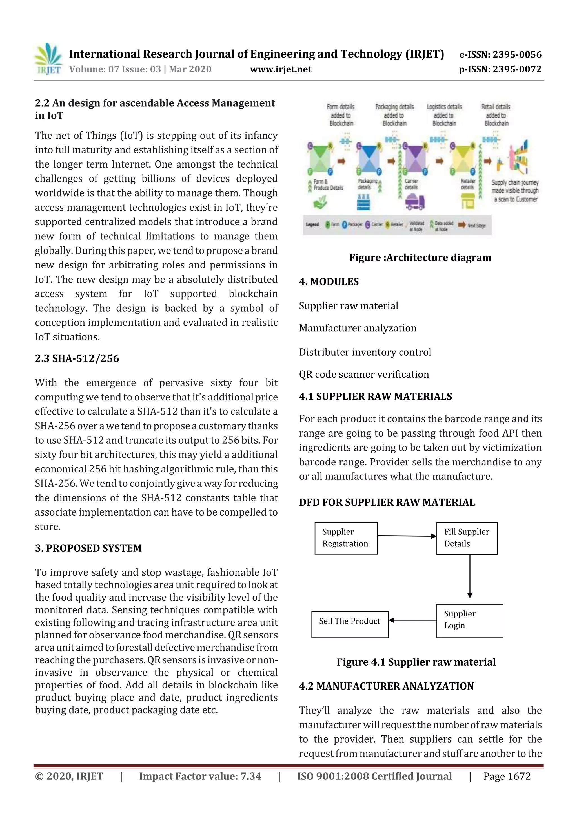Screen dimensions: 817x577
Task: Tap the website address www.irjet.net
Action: (x=281, y=69)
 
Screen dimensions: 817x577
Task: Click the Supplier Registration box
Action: (x=346, y=538)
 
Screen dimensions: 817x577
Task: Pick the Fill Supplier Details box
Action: (x=467, y=538)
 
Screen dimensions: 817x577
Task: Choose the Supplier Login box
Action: (x=469, y=621)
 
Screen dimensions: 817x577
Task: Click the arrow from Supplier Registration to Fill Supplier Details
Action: (x=407, y=536)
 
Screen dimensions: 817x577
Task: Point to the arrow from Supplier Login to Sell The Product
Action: (x=412, y=620)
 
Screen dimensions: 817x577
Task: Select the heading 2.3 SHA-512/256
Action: (x=77, y=358)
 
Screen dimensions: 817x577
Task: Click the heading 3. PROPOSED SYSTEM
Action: (x=88, y=548)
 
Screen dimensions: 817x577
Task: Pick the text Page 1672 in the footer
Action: (x=507, y=776)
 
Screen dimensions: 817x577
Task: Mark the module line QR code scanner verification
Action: (x=364, y=374)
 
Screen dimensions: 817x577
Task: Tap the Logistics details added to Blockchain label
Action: (x=444, y=115)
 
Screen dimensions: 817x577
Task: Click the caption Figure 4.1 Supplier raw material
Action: (x=416, y=662)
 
